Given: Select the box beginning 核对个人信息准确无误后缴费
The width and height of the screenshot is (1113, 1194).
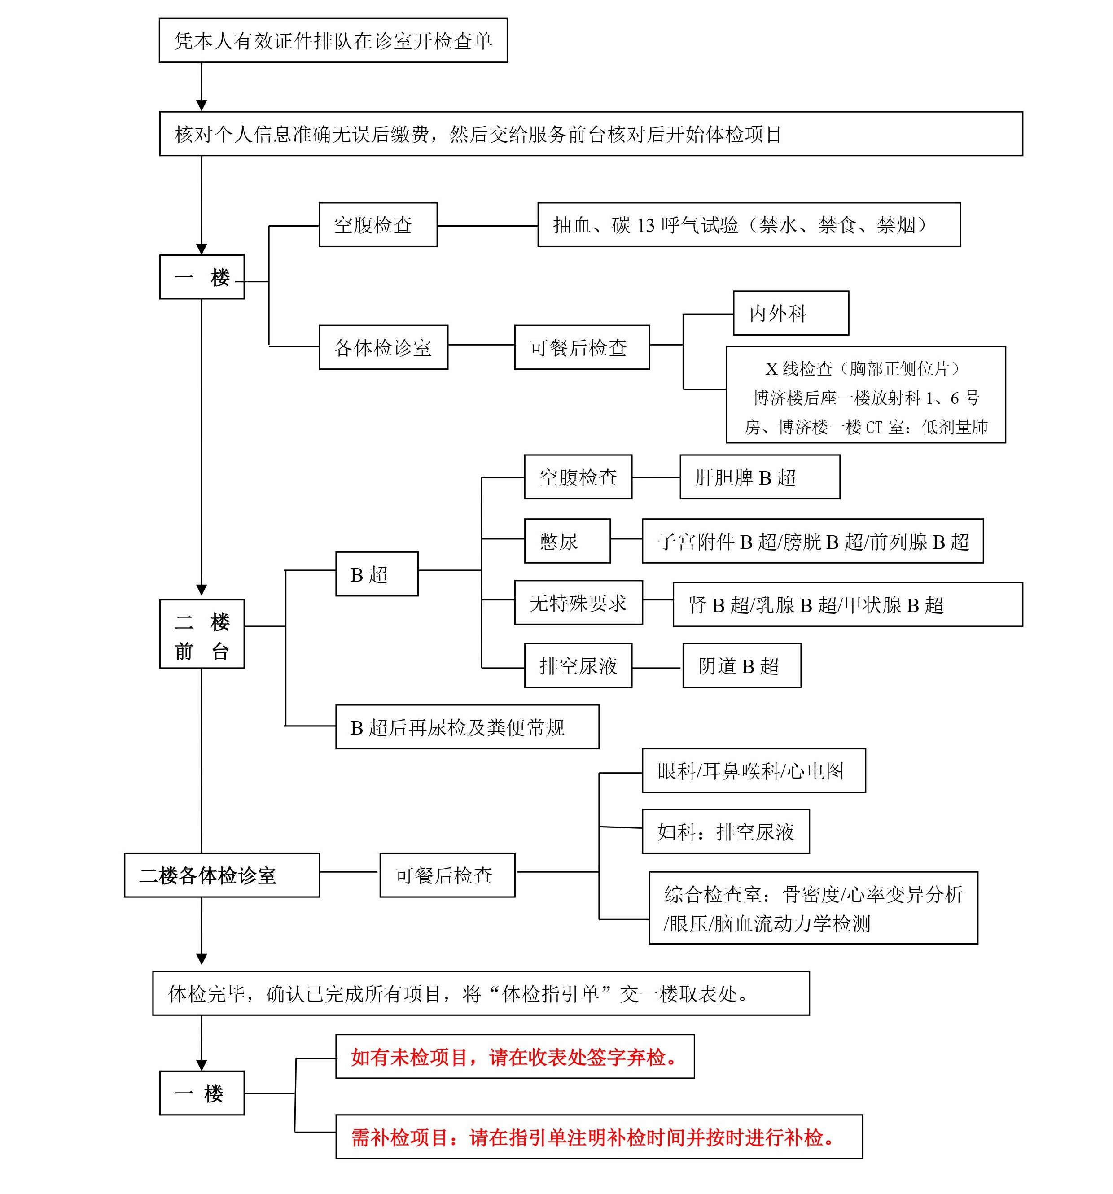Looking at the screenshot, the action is click(x=591, y=133).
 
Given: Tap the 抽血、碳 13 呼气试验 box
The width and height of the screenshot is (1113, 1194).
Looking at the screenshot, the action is click(x=749, y=225).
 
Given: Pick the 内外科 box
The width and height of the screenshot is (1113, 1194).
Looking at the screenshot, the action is click(x=790, y=313).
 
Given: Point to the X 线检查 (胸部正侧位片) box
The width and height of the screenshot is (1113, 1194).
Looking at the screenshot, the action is click(x=866, y=394).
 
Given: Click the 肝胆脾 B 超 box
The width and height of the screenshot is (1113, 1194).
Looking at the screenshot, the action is click(x=760, y=477).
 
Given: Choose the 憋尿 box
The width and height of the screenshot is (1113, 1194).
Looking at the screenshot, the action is click(x=567, y=541).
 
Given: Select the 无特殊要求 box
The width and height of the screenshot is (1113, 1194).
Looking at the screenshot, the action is click(x=578, y=603).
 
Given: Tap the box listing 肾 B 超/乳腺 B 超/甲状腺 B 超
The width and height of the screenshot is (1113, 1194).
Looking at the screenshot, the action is click(x=847, y=604).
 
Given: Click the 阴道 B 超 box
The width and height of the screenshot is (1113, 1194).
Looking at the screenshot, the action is click(x=742, y=665).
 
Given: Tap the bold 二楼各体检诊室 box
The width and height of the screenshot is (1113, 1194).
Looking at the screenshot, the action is click(x=222, y=875).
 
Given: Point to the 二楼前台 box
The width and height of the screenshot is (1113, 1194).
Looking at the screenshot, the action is click(x=202, y=634).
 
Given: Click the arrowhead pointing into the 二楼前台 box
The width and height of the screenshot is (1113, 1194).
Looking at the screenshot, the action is click(x=202, y=590).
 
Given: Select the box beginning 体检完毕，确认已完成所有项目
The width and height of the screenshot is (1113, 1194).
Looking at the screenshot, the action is click(x=481, y=993).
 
